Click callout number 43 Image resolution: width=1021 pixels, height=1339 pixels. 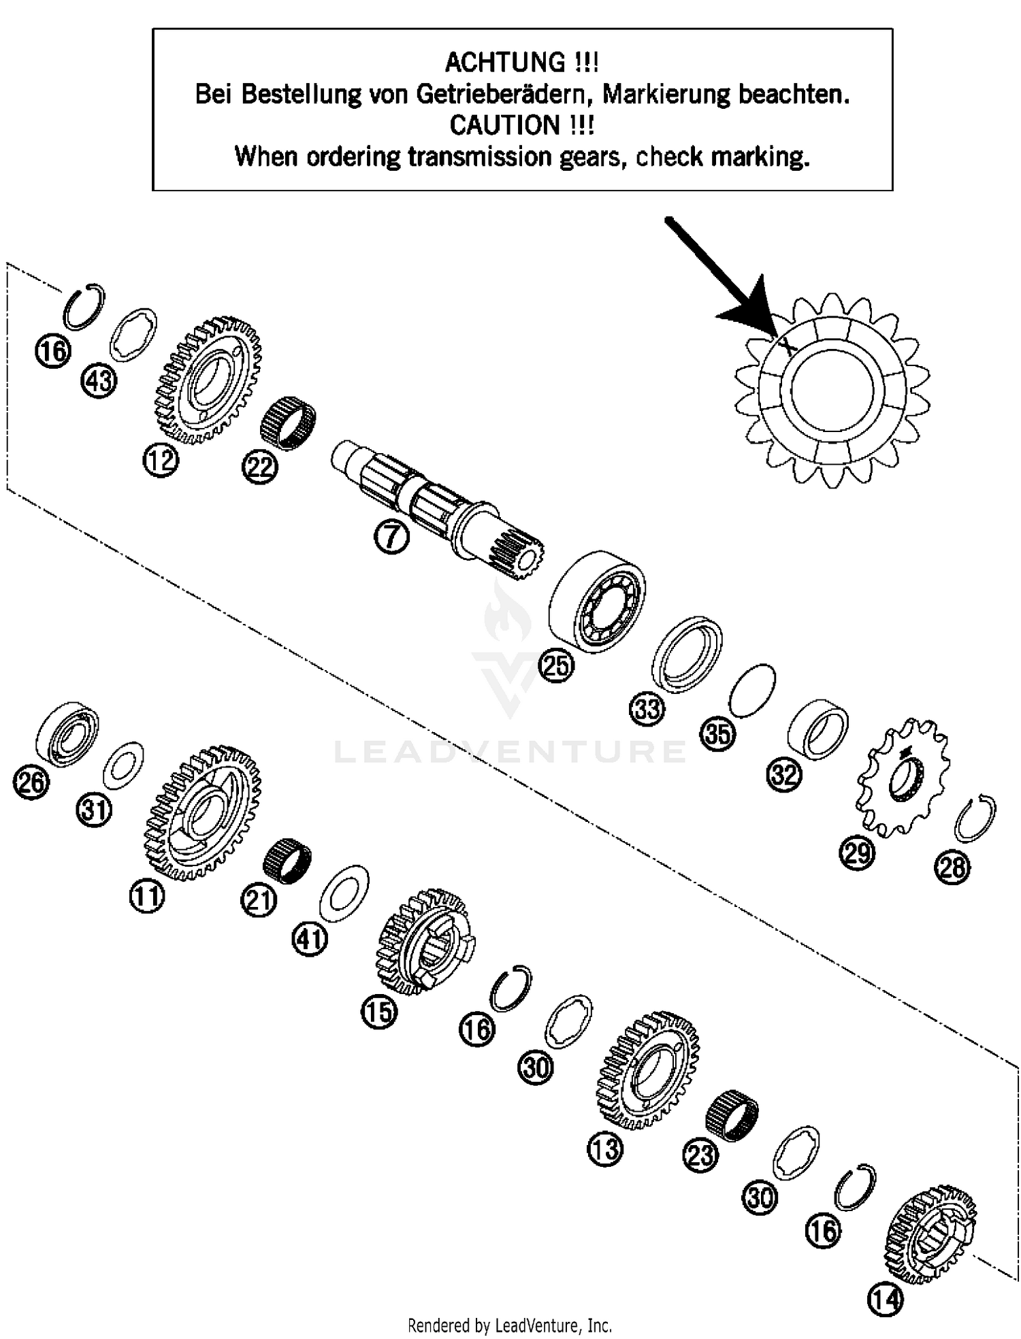click(99, 380)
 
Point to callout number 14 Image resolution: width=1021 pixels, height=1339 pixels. click(885, 1300)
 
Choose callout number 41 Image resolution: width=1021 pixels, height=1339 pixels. click(310, 940)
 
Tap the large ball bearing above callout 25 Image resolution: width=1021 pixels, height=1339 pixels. click(597, 601)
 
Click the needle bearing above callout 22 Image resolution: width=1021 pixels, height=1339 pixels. click(289, 422)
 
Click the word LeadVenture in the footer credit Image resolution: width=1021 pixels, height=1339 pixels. click(538, 1325)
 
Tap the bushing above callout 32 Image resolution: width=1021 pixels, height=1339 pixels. click(817, 728)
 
